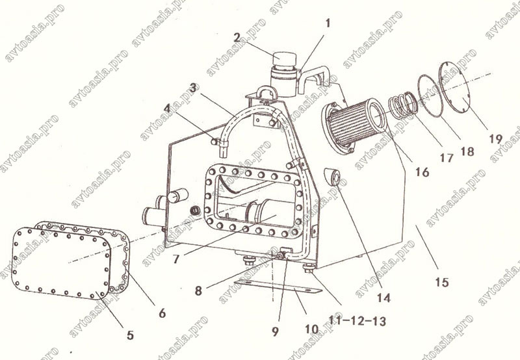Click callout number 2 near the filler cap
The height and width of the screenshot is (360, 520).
point(237,38)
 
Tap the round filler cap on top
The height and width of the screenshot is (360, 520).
point(284,59)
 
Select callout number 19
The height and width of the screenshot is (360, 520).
point(495,138)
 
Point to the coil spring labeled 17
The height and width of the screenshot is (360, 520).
point(403,105)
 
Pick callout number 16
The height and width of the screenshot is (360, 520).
point(422,172)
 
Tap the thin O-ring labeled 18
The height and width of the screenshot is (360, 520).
point(430,96)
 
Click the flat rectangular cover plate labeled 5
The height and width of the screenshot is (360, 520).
point(61,263)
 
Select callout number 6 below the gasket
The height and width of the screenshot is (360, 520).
point(162,313)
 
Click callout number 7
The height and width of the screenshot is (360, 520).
point(176,259)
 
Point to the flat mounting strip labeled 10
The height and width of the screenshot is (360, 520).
point(278,287)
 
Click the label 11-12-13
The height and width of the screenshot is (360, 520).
point(357,320)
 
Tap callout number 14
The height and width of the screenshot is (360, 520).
point(383,298)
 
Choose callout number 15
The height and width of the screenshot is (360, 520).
point(442,283)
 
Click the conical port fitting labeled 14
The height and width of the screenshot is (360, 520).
point(333,177)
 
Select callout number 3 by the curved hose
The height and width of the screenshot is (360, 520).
point(194,88)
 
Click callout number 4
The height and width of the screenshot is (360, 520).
point(167,108)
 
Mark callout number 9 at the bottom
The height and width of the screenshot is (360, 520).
point(275,331)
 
